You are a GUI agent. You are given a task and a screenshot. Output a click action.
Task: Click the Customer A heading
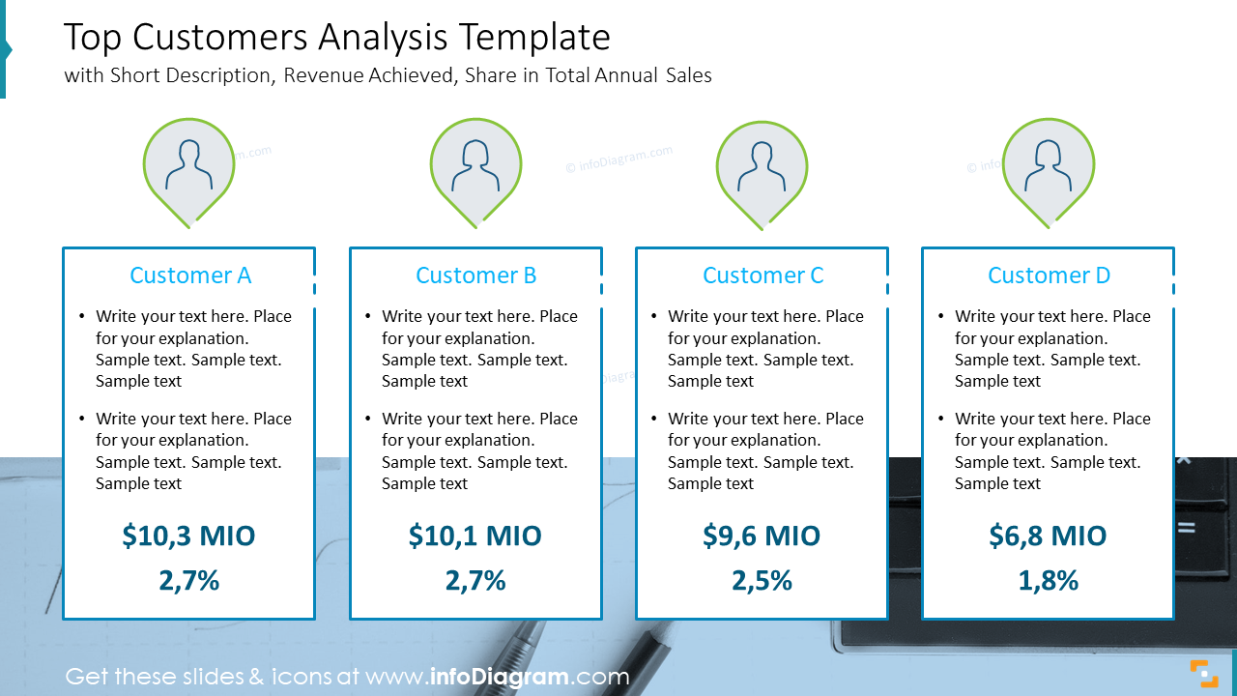click(x=189, y=275)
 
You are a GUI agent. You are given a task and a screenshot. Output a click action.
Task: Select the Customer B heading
click(x=475, y=275)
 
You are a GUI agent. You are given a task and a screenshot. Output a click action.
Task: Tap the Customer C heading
click(x=762, y=275)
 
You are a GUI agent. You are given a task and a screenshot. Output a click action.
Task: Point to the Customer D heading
click(x=1049, y=275)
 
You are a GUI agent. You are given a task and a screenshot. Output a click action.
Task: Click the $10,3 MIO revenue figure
click(x=189, y=536)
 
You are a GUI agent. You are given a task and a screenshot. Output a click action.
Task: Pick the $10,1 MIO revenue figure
click(x=475, y=536)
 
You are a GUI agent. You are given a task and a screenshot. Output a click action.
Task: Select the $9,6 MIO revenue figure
click(x=762, y=536)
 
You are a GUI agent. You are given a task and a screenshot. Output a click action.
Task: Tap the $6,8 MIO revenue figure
click(x=1048, y=536)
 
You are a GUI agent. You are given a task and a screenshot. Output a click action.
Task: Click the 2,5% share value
click(x=762, y=580)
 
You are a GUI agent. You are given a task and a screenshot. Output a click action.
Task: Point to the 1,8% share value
click(x=1048, y=580)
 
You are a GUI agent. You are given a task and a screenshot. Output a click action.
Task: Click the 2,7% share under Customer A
click(x=189, y=580)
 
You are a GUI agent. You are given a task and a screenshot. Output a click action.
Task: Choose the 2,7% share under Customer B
click(x=475, y=580)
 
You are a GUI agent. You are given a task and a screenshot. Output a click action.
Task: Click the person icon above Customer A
click(x=188, y=165)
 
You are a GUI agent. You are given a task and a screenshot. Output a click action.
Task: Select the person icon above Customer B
click(x=475, y=165)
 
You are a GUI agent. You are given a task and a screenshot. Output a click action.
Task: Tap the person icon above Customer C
click(x=762, y=167)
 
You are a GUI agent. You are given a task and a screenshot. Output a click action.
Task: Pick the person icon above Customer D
click(x=1049, y=165)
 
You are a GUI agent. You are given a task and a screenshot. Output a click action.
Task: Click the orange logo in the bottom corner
click(x=1203, y=673)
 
